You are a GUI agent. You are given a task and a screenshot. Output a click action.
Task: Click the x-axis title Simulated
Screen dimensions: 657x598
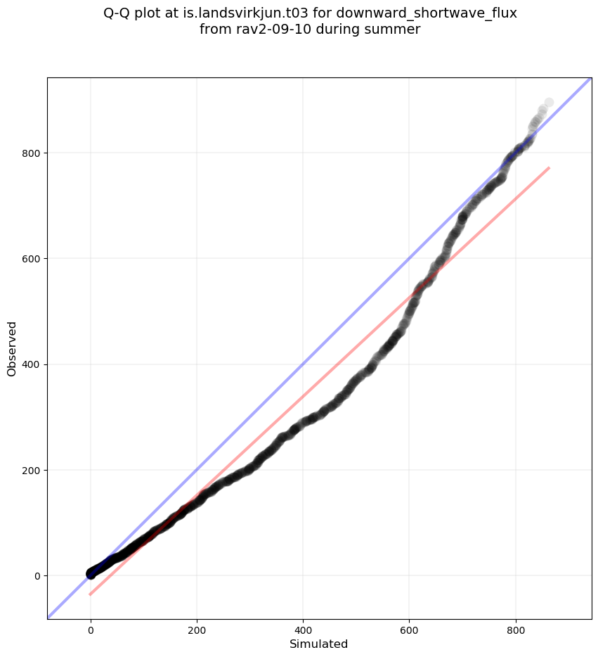pos(319,644)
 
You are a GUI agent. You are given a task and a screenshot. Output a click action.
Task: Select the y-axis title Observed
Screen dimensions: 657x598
pos(12,348)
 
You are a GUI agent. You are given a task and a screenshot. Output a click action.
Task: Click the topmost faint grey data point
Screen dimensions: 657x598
pos(549,103)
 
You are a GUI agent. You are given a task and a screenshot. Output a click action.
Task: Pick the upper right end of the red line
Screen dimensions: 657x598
pos(549,167)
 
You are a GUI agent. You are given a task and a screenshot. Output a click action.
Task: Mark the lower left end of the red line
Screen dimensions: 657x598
pos(90,594)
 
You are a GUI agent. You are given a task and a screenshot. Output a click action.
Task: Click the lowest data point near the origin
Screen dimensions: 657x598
pos(91,574)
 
